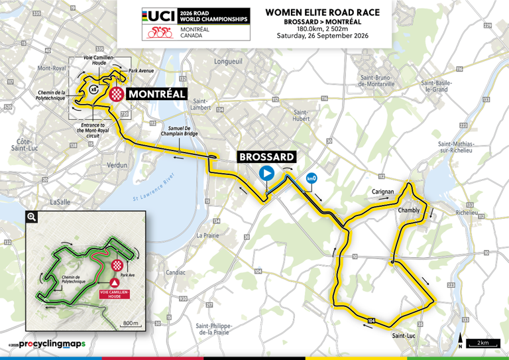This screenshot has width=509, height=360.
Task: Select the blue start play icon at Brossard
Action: pyautogui.click(x=266, y=174)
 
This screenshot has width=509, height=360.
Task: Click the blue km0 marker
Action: pyautogui.click(x=310, y=178)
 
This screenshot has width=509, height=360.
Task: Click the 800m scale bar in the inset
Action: pyautogui.click(x=131, y=323)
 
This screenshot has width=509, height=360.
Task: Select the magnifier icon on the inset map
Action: pyautogui.click(x=32, y=217)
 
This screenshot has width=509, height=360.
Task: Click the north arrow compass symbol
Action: pyautogui.click(x=459, y=343)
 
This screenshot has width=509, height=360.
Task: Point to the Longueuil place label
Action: pyautogui.click(x=228, y=61)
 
